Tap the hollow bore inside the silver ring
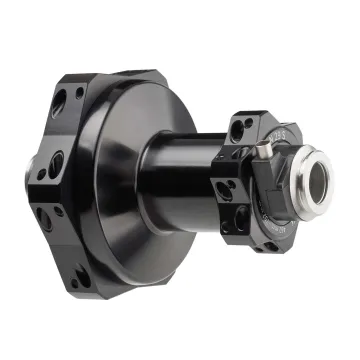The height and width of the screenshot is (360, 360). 316,182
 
